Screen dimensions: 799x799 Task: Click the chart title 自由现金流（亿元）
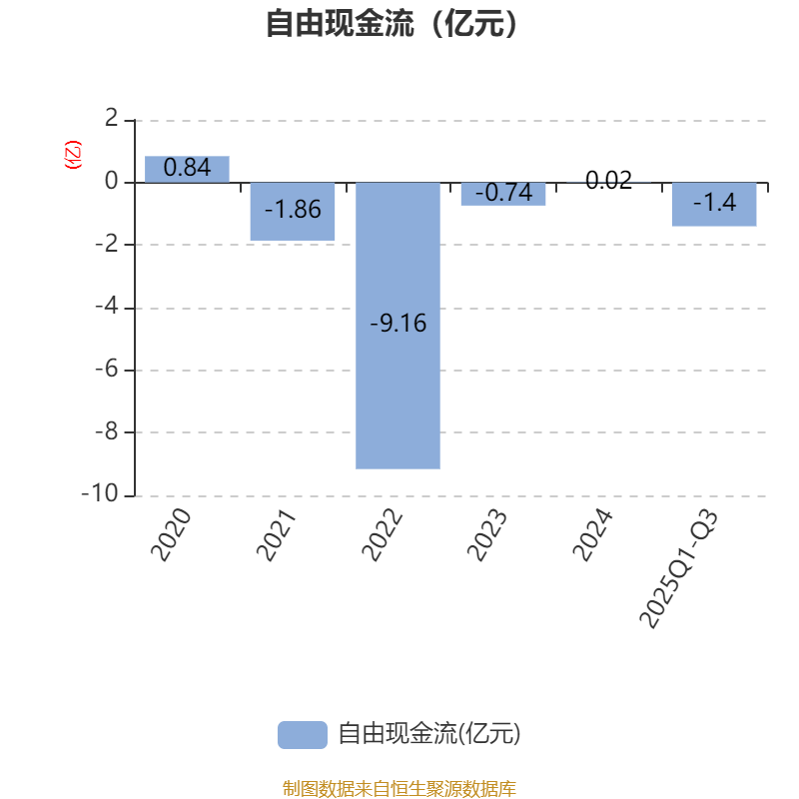(x=393, y=23)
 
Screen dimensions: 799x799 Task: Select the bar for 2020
(x=187, y=169)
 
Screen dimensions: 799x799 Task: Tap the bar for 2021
(x=292, y=212)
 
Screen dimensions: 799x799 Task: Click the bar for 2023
(x=503, y=195)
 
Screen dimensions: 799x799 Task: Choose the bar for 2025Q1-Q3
(x=714, y=205)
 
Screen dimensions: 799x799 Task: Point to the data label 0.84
(x=187, y=168)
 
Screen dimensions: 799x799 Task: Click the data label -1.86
(x=293, y=210)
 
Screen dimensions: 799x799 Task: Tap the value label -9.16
(x=398, y=324)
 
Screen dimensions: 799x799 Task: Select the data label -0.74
(x=503, y=193)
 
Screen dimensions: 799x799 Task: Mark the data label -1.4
(x=714, y=203)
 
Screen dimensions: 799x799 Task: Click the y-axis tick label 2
(x=111, y=119)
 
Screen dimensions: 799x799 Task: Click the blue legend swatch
(x=302, y=734)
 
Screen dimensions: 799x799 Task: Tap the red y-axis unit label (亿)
(x=73, y=155)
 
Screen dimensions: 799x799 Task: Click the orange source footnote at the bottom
(x=399, y=788)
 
